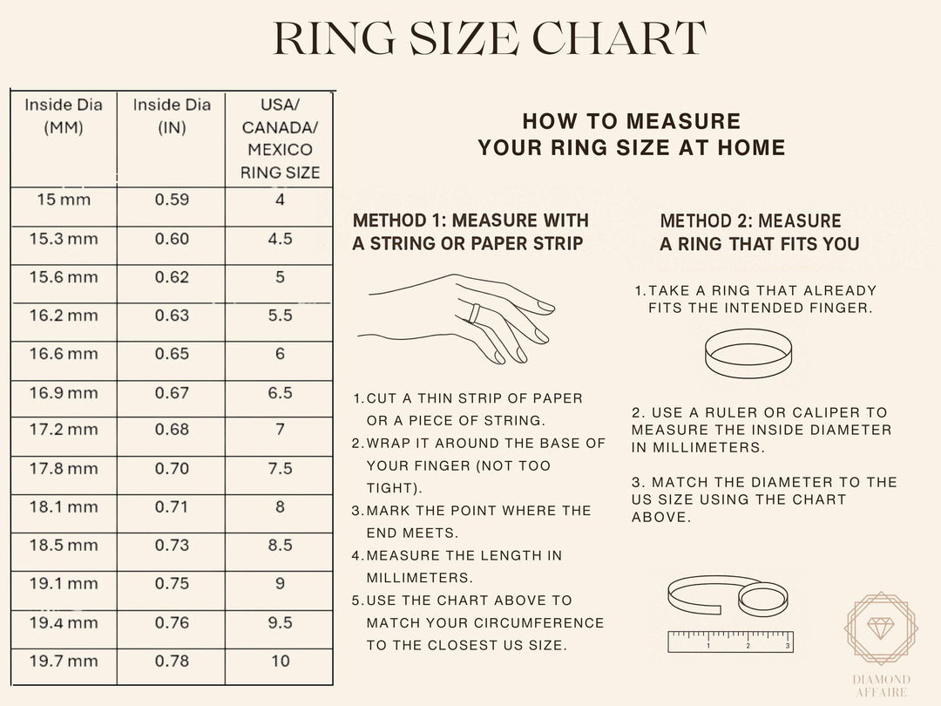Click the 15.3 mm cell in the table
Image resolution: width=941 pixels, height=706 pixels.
[64, 239]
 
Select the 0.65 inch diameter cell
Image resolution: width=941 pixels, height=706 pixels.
[172, 354]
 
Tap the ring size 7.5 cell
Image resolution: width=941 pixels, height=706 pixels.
[280, 469]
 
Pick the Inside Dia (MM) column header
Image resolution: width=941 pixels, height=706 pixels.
[64, 116]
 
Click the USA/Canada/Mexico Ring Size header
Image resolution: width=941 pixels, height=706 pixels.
[280, 139]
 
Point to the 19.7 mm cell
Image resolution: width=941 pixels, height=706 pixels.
[64, 662]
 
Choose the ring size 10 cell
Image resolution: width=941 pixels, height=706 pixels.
[280, 662]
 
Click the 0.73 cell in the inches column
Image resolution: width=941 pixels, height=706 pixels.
[172, 546]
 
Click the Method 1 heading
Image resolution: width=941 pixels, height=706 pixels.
[470, 232]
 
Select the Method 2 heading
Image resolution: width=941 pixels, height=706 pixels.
[759, 232]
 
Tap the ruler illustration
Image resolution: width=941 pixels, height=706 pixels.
[730, 641]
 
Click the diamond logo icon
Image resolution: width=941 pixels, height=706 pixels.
[881, 628]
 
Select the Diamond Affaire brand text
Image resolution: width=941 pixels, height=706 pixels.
[881, 686]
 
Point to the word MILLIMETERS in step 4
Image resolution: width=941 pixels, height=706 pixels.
[420, 578]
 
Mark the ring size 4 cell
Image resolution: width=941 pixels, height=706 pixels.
[280, 200]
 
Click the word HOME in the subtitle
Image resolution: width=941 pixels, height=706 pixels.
[751, 147]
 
